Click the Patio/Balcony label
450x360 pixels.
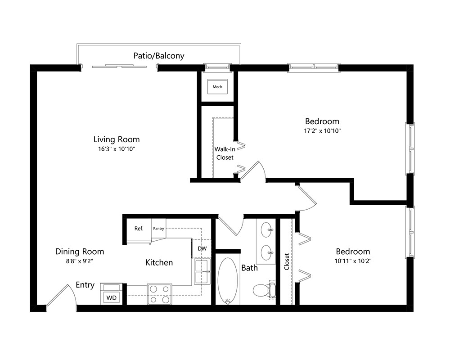(x=158, y=56)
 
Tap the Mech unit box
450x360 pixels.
(x=217, y=86)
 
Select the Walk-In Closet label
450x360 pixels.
(x=225, y=153)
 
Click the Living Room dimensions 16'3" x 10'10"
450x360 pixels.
(x=116, y=148)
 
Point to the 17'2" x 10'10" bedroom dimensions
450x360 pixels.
(x=322, y=131)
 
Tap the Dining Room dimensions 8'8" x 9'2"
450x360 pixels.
(x=80, y=261)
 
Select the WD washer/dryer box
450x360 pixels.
(x=111, y=297)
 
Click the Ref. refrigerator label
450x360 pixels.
(x=139, y=229)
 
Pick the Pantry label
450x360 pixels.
(x=158, y=229)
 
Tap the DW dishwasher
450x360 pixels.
(x=202, y=248)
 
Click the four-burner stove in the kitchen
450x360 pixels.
(x=159, y=294)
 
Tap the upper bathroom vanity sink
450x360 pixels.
(x=267, y=229)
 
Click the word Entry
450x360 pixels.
(x=85, y=285)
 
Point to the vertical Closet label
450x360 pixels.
(x=287, y=261)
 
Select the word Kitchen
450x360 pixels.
(x=159, y=262)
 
